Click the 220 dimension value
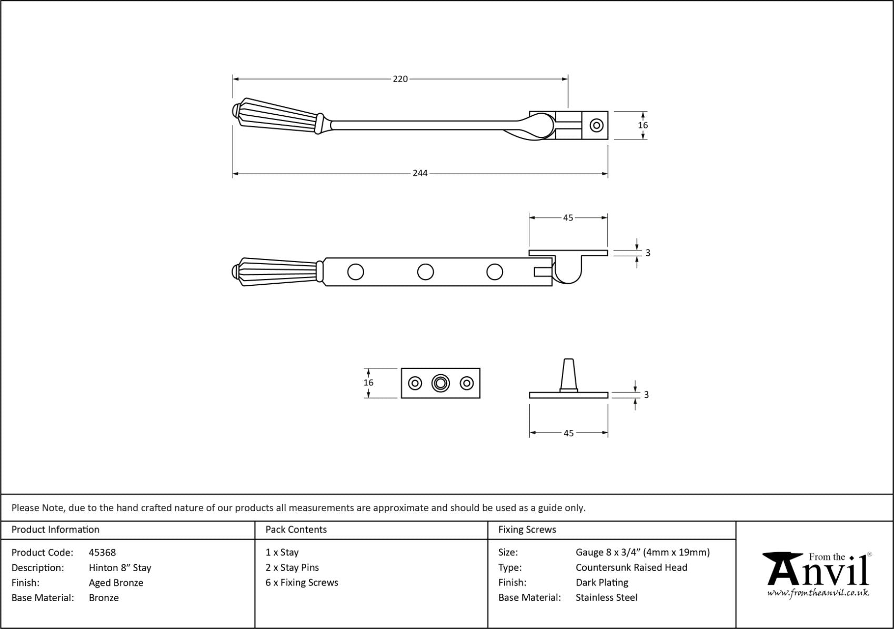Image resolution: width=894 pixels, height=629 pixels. click(400, 79)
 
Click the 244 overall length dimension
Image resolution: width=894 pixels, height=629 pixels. click(420, 173)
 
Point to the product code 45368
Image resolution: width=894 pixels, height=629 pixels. click(102, 552)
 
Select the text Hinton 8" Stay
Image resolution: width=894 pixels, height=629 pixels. click(120, 567)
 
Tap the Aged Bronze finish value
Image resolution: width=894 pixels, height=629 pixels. click(116, 583)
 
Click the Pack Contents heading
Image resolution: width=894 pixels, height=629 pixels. click(296, 530)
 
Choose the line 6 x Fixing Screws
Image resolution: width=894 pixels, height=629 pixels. click(302, 583)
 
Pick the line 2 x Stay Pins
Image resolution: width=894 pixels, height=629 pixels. click(292, 567)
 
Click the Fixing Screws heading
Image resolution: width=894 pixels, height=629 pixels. click(527, 530)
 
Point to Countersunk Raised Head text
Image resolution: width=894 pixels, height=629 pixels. click(631, 567)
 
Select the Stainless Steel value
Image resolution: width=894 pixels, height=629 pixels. click(606, 597)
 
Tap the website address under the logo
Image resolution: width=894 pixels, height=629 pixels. click(817, 593)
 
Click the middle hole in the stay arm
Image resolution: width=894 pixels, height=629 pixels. click(425, 272)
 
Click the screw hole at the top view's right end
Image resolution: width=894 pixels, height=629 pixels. click(596, 125)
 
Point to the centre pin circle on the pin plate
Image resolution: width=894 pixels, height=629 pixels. click(440, 383)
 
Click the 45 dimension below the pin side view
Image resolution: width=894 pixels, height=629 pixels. click(568, 433)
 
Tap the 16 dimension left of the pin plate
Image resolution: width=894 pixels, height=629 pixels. click(368, 383)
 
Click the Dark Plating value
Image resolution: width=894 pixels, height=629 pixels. click(601, 583)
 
